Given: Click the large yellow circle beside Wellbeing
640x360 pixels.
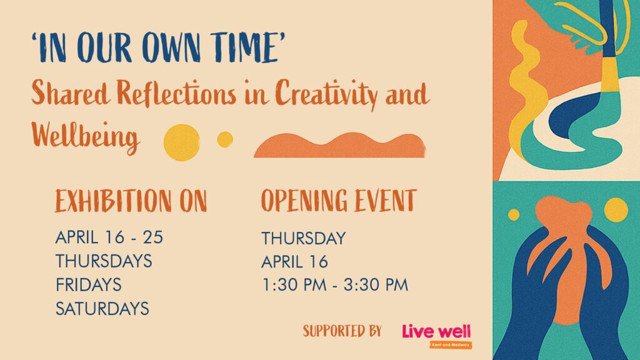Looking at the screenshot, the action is [x=182, y=142].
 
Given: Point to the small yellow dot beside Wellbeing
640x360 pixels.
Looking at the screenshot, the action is [x=225, y=139].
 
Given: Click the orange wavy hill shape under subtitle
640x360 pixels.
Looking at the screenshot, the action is [x=339, y=146].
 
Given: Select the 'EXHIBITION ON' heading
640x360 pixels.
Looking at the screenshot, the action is [x=131, y=201].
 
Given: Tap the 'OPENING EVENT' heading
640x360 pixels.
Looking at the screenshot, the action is [x=339, y=201].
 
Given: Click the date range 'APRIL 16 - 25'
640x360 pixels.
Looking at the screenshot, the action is [x=109, y=237].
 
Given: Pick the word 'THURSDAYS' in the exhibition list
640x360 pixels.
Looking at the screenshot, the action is [x=104, y=261].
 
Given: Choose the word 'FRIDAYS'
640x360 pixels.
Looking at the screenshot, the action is [x=89, y=284].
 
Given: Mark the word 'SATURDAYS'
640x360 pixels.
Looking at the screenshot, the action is [x=102, y=309].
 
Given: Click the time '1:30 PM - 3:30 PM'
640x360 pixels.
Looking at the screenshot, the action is [x=335, y=285].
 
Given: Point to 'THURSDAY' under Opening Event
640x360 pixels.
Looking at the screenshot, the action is [x=304, y=238].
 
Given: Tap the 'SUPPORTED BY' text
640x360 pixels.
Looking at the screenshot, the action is [x=342, y=331].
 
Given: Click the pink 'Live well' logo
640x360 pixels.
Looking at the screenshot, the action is [x=436, y=331].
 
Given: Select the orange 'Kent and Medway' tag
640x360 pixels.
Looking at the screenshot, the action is [x=451, y=345].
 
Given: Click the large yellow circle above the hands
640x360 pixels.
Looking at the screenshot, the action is [x=616, y=210].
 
